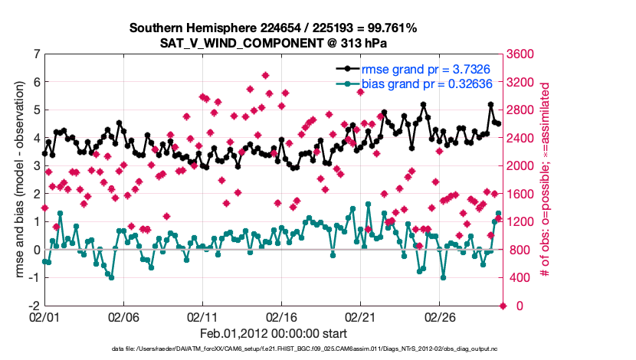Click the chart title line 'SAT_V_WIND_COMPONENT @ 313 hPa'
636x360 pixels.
tap(273, 43)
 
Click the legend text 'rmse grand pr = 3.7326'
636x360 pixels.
tap(415, 69)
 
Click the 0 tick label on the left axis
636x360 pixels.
tap(36, 250)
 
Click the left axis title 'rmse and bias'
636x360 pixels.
tap(19, 179)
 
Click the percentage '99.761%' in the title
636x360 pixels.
tap(389, 28)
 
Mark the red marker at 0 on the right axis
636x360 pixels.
tap(503, 306)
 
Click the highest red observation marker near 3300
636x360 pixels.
tap(265, 75)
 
